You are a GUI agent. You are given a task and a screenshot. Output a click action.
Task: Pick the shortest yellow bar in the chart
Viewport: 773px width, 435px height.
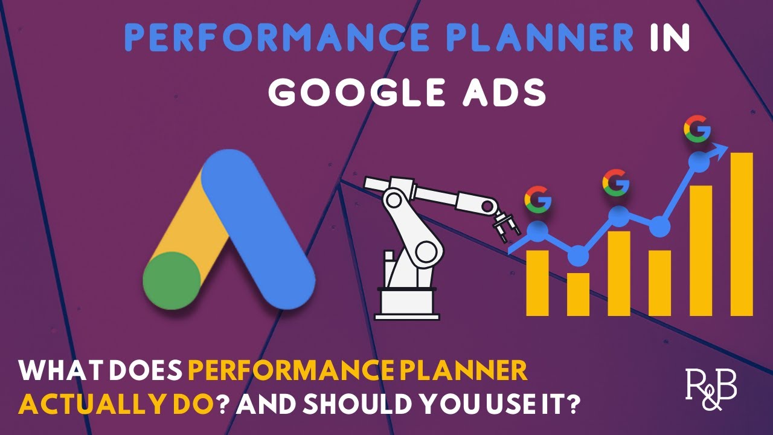[578, 294]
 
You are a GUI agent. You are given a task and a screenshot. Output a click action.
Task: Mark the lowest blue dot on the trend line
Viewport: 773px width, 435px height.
[578, 256]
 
